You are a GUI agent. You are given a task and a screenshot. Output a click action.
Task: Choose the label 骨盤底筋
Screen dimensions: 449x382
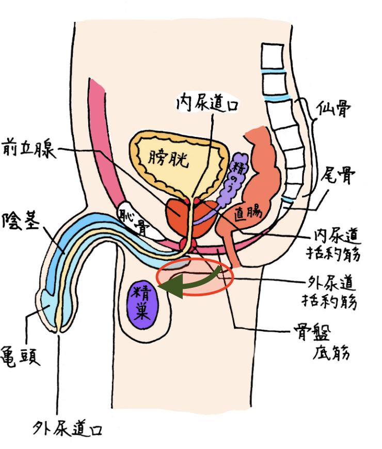(322, 343)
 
